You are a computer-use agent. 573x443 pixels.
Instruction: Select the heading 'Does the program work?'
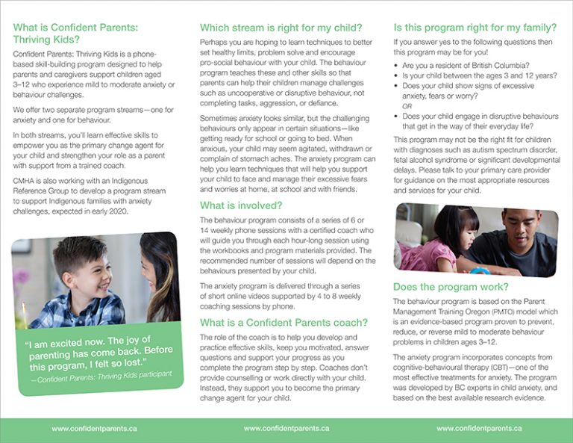coord(451,287)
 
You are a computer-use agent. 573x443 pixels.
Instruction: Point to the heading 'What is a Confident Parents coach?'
coord(284,323)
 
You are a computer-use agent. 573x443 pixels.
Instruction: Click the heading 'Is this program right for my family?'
coord(475,28)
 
